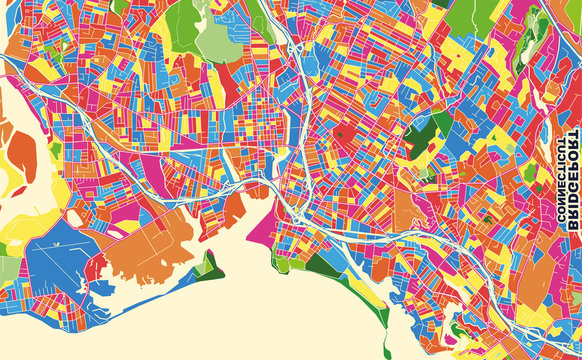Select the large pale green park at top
215,40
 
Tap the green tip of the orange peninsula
211,266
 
